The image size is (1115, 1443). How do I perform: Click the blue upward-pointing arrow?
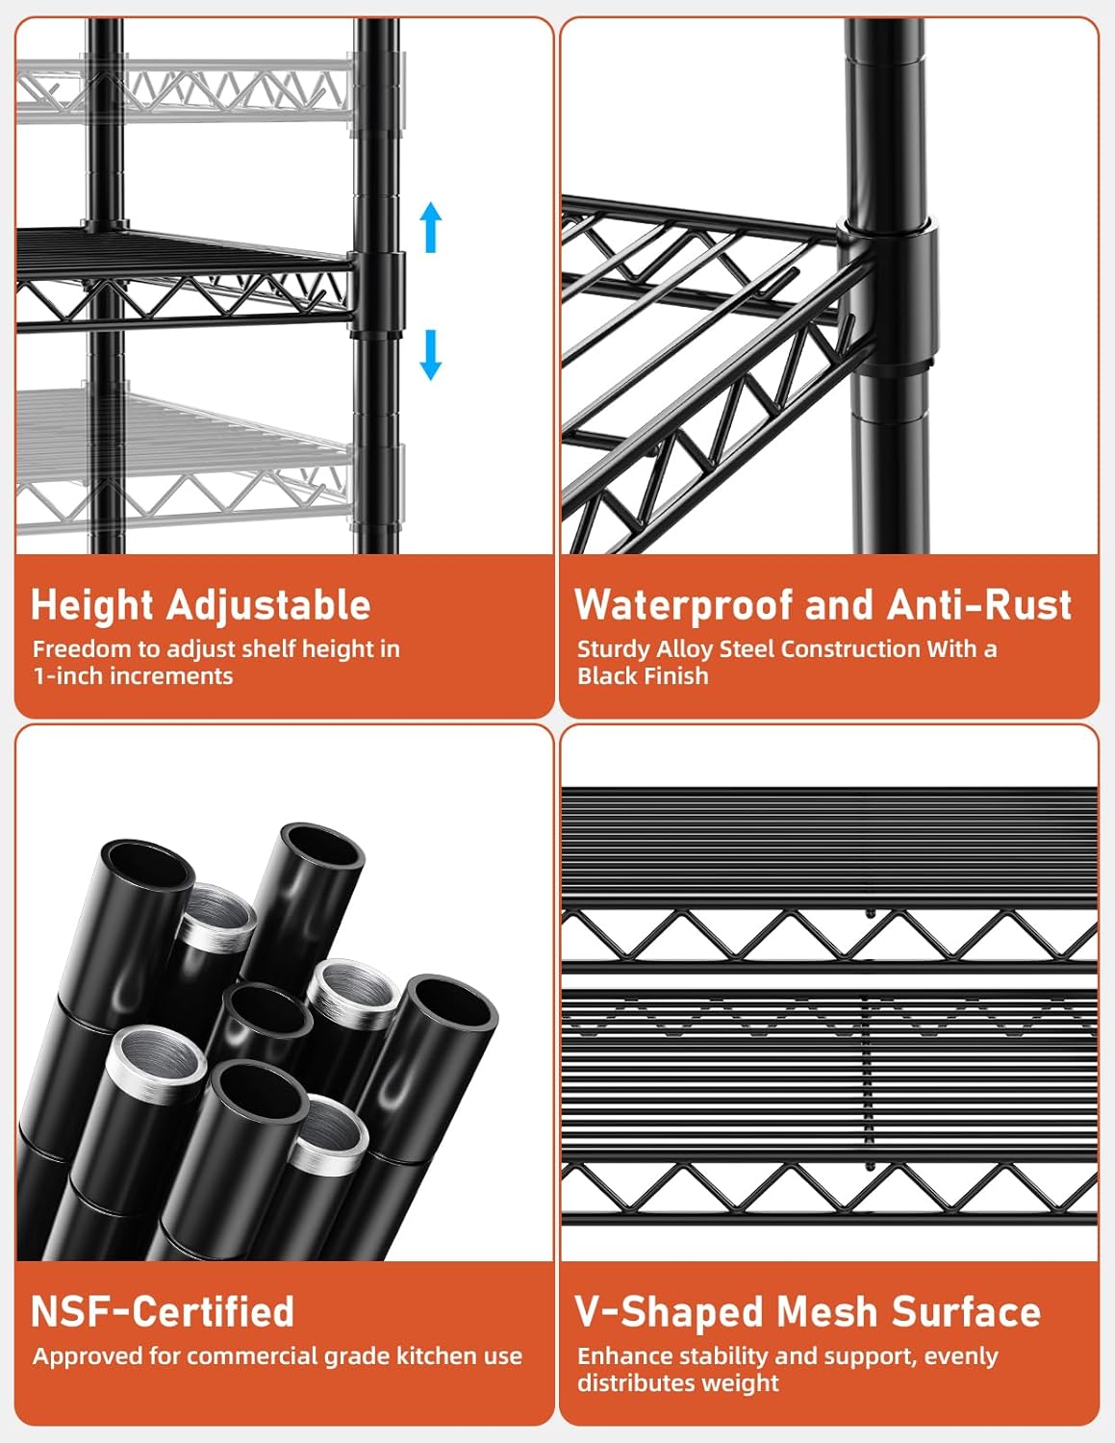click(431, 227)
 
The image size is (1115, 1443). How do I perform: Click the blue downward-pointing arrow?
click(431, 355)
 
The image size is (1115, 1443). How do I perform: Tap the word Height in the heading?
click(92, 606)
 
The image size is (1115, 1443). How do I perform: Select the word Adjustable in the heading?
click(268, 606)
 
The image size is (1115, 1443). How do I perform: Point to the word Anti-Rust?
click(978, 605)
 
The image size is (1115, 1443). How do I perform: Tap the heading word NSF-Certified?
click(163, 1311)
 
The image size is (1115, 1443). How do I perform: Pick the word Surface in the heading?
click(966, 1311)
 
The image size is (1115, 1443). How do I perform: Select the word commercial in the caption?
click(255, 1356)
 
